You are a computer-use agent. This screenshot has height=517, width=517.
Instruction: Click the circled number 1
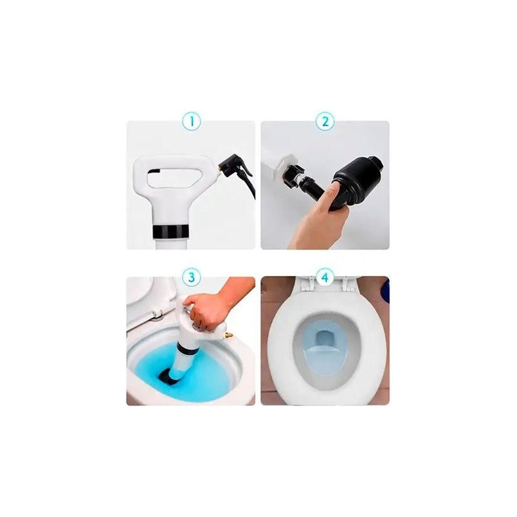191,121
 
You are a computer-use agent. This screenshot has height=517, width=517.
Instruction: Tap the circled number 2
325,121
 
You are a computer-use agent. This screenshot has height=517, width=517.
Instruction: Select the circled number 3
191,277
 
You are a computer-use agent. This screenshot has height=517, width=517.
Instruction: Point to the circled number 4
325,277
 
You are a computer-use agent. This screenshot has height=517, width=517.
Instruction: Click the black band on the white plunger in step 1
171,231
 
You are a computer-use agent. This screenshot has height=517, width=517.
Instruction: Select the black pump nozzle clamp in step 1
235,167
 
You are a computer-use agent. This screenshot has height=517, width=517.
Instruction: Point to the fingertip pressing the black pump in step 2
335,188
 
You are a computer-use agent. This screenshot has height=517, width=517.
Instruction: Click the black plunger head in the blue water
168,376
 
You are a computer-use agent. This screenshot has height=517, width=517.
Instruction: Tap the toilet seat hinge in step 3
158,315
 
